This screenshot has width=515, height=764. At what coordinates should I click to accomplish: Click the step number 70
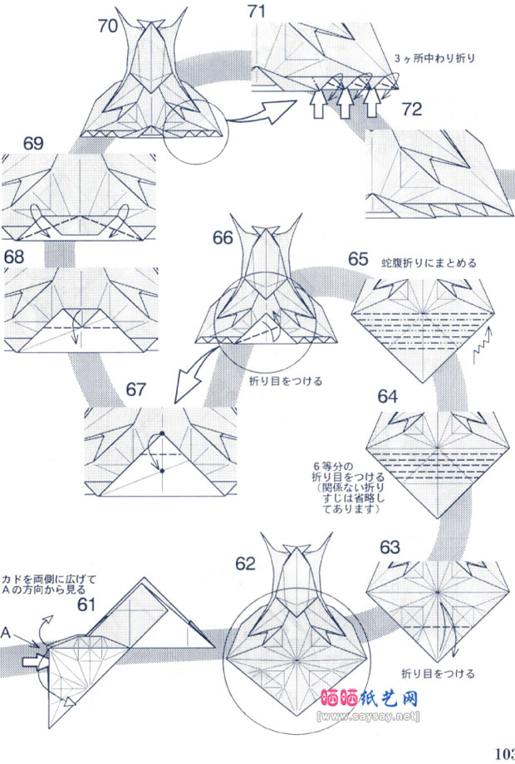click(x=107, y=26)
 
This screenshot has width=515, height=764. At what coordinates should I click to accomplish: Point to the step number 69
click(x=32, y=143)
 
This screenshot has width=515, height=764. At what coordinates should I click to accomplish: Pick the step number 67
click(x=138, y=389)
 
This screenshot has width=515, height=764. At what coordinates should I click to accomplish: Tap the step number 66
click(x=223, y=238)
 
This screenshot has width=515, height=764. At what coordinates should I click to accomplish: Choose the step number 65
click(x=359, y=258)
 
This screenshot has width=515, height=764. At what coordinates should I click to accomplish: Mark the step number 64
click(x=388, y=396)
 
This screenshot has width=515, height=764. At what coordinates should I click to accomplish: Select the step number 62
click(x=246, y=563)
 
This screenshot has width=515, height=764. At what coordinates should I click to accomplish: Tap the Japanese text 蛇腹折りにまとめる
click(x=429, y=263)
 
